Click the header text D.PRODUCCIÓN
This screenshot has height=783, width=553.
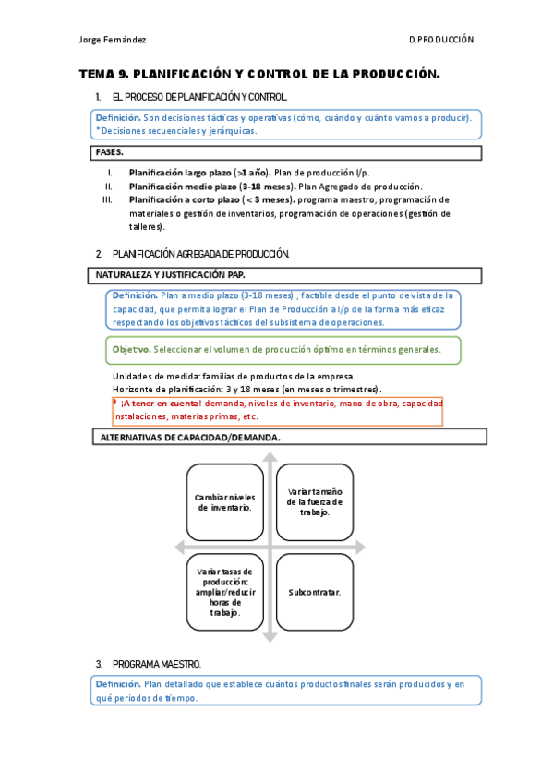440,40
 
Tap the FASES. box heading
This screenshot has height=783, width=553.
110,152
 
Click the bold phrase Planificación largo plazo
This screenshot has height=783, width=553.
180,173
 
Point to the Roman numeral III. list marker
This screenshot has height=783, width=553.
106,199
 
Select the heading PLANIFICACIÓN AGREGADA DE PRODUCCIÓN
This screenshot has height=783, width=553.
200,253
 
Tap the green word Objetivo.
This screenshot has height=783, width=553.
131,350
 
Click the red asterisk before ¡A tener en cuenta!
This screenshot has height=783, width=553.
115,404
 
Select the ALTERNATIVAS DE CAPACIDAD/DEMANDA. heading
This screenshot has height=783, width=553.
189,438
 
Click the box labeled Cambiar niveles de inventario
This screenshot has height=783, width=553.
224,501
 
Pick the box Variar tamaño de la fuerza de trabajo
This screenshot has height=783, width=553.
314,501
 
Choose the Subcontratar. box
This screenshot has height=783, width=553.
314,591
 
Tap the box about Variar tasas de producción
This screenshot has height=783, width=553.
224,592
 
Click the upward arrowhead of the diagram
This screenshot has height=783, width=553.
269,458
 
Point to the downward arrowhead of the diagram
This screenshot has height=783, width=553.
269,636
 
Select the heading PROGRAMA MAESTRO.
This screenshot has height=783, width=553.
156,664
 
